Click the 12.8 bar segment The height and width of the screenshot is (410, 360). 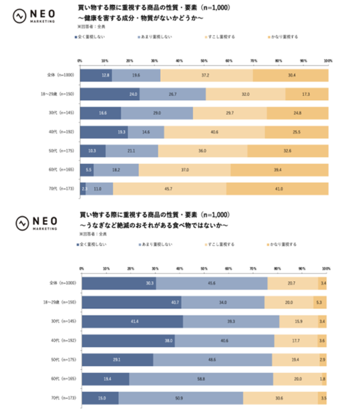pos(96,76)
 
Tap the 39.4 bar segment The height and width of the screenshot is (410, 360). pos(278,170)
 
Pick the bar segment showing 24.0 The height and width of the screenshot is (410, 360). pos(110,94)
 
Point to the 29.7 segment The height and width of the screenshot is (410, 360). pos(230,113)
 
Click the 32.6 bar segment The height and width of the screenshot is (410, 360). pos(287,150)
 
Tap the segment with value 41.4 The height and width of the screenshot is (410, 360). pos(133,321)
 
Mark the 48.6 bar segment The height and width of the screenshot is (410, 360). pos(212,359)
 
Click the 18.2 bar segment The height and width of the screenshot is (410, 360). pos(116,170)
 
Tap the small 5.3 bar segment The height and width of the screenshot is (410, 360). pos(320,303)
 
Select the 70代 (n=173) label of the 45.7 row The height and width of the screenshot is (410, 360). pos(60,188)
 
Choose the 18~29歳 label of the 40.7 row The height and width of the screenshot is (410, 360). pos(60,303)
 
